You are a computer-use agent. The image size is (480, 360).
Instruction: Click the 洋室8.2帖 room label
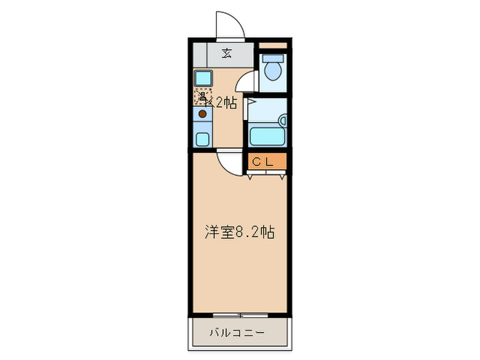coord(239,232)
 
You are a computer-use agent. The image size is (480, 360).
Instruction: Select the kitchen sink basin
coord(204,77)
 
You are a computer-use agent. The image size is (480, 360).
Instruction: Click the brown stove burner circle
coord(203,114)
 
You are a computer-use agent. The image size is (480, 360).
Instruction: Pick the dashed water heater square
coord(202,97)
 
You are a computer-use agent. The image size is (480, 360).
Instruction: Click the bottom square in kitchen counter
coord(204,139)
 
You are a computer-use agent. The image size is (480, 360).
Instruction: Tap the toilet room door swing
coord(246,82)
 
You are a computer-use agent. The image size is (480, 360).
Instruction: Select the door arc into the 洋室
coord(228,162)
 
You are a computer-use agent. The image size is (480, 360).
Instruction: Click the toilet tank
coord(273,58)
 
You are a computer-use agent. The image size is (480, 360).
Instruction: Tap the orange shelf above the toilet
coord(273,47)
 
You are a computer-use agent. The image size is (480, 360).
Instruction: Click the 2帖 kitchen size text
coord(226,104)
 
